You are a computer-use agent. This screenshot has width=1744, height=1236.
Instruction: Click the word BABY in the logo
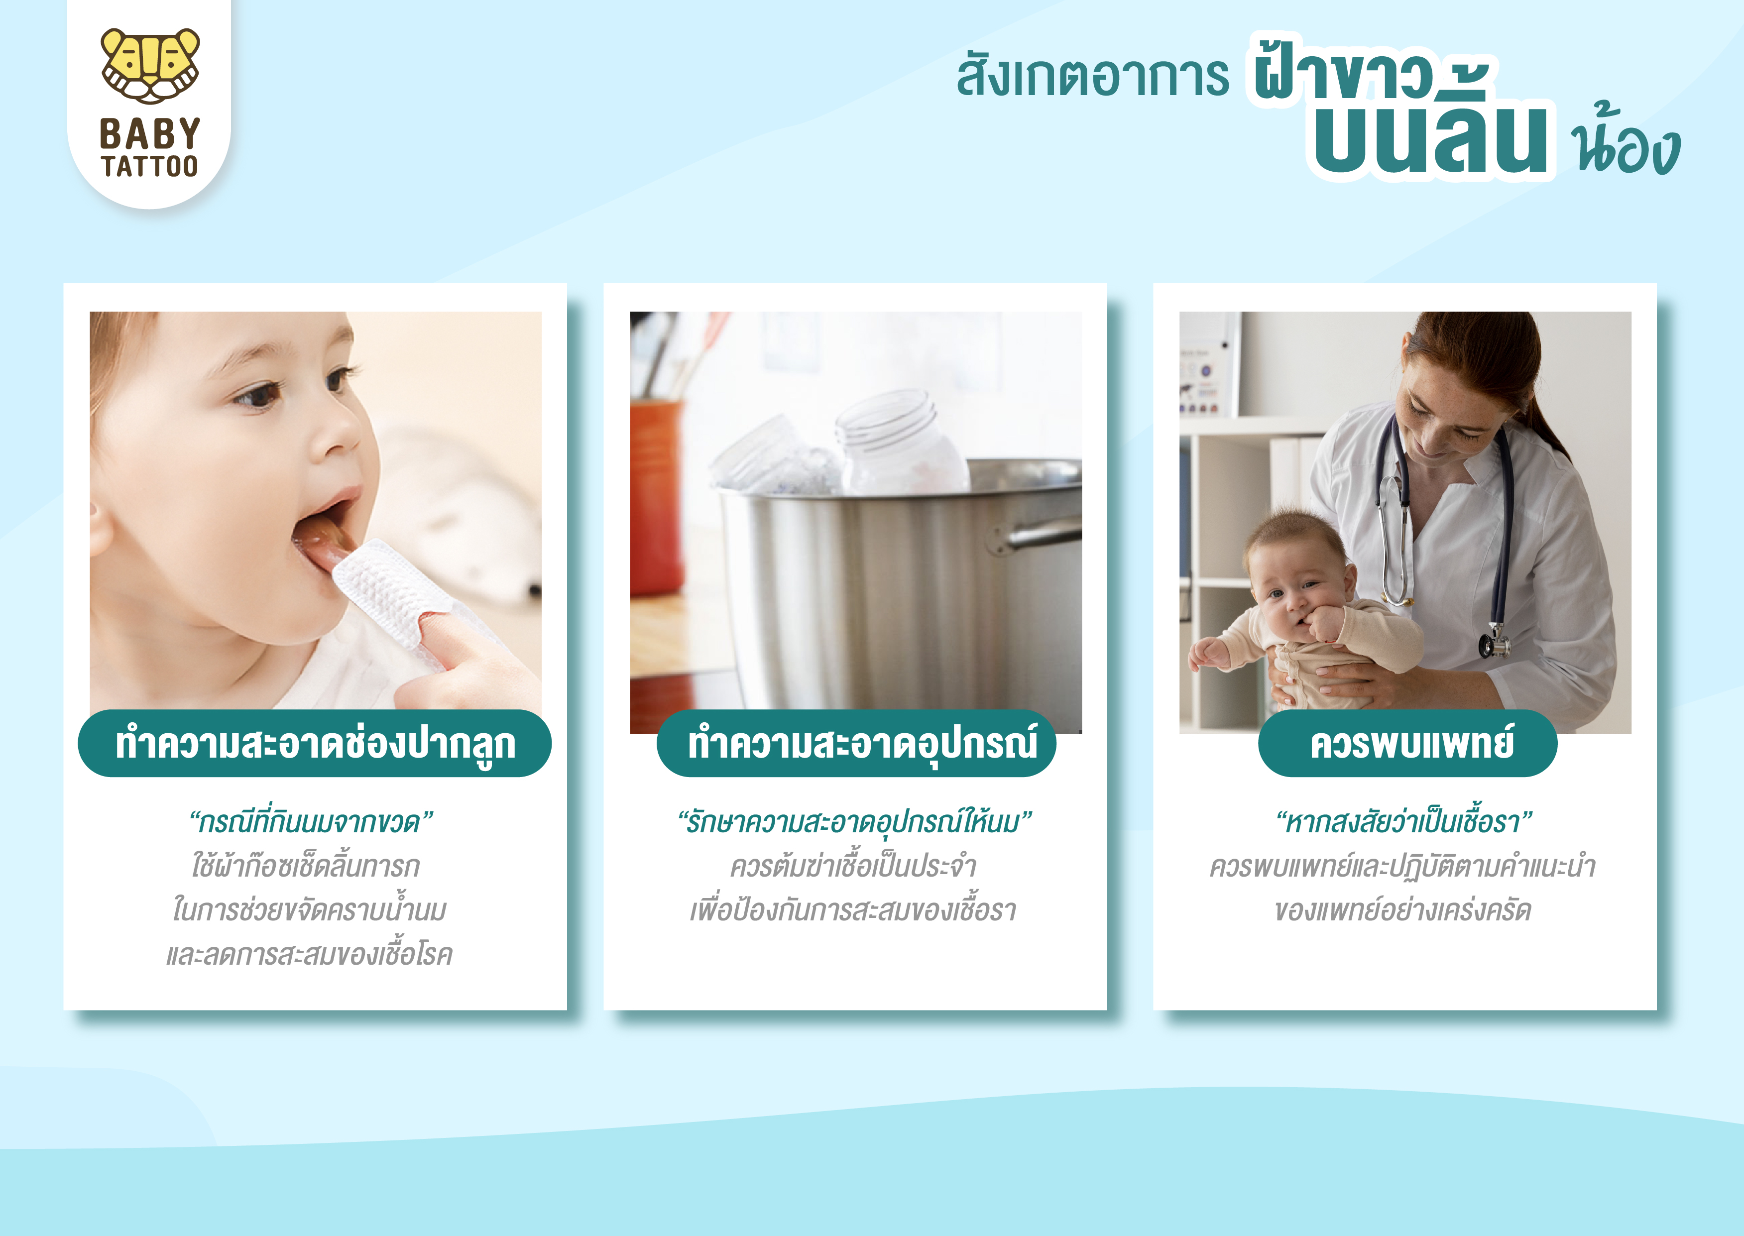coord(150,134)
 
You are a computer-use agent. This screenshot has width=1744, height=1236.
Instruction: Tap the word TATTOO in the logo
coord(150,166)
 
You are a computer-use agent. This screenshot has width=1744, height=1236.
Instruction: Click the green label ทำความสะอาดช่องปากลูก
coord(314,744)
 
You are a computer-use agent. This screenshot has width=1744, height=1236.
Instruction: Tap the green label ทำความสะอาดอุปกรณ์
coord(856,744)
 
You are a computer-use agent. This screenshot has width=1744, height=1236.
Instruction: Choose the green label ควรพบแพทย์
coord(1407,744)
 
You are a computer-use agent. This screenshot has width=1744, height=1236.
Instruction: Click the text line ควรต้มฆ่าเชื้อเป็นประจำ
coord(853,867)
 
